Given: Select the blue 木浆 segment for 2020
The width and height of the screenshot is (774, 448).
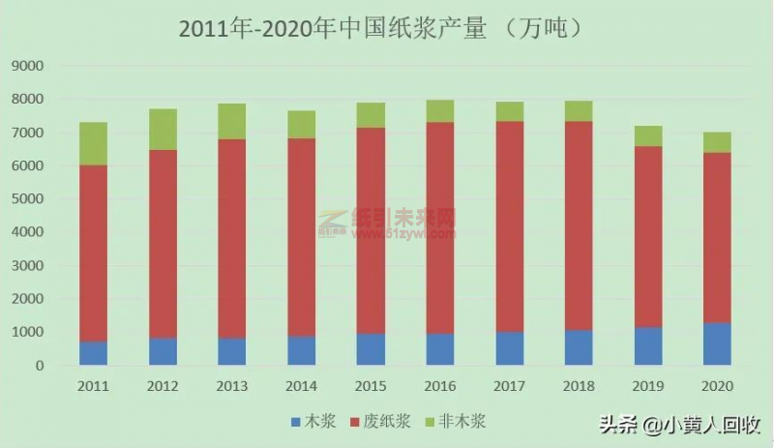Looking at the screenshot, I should (717, 343).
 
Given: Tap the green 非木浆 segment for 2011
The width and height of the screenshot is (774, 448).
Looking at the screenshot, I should (93, 143).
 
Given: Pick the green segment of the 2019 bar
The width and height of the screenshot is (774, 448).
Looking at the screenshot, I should (647, 136).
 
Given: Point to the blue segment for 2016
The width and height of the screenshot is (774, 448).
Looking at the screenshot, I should (440, 349).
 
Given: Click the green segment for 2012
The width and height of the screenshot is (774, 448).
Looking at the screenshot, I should (163, 129).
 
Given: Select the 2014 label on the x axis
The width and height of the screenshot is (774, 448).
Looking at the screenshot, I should (301, 386).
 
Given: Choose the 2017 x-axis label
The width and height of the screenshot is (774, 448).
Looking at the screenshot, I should (509, 386).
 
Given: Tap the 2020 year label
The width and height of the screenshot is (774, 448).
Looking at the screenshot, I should (717, 386).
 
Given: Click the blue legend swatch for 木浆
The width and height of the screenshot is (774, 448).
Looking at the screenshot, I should (295, 422).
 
